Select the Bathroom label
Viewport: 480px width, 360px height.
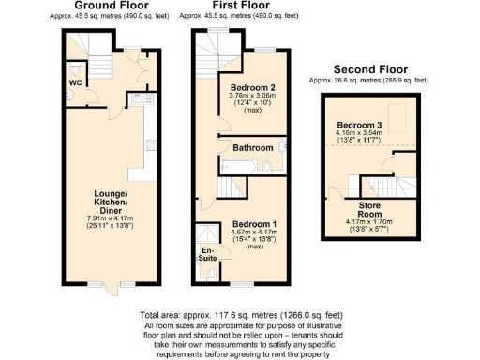point(254,148)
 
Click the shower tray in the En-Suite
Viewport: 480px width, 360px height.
point(207,235)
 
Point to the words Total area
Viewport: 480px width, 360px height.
point(161,315)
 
